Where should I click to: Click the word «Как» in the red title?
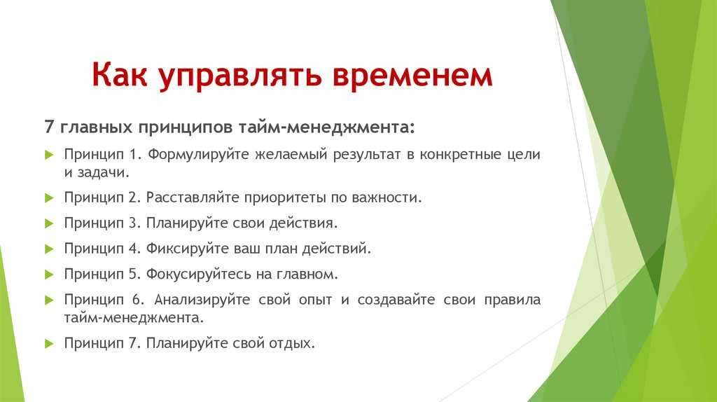[x=119, y=74]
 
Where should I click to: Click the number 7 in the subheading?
[x=49, y=127]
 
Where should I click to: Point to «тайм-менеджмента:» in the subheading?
[x=326, y=127]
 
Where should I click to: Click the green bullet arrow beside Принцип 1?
[x=50, y=155]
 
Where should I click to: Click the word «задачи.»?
[x=104, y=173]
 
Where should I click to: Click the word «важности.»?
[x=387, y=197]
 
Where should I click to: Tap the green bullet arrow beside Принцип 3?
[x=50, y=223]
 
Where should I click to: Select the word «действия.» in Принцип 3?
[x=303, y=223]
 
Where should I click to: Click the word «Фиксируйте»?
[x=188, y=249]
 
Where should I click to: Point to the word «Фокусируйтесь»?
[x=198, y=275]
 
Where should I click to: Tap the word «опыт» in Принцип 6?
[x=316, y=300]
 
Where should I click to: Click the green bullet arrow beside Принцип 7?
[x=50, y=344]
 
